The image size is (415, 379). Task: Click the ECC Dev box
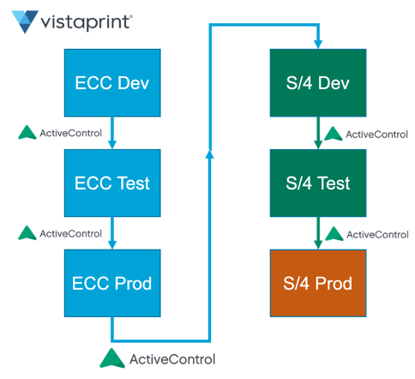pyautogui.click(x=112, y=83)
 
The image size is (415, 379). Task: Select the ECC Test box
pyautogui.click(x=112, y=183)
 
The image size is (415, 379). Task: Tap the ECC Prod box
pyautogui.click(x=112, y=283)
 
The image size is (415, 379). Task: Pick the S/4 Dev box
pyautogui.click(x=318, y=83)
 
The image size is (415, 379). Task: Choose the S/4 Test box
pyautogui.click(x=318, y=183)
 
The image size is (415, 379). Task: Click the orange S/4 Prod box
pyautogui.click(x=318, y=283)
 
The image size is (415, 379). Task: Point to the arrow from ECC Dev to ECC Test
pyautogui.click(x=112, y=133)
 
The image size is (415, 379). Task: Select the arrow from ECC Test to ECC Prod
pyautogui.click(x=112, y=233)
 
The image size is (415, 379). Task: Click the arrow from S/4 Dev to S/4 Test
pyautogui.click(x=318, y=133)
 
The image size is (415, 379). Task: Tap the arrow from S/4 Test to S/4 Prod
pyautogui.click(x=318, y=233)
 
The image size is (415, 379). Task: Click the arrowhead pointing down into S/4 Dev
pyautogui.click(x=318, y=45)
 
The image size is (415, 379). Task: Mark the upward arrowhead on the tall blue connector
pyautogui.click(x=210, y=154)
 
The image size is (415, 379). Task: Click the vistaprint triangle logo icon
pyautogui.click(x=25, y=21)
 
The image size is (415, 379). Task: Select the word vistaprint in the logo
pyautogui.click(x=87, y=22)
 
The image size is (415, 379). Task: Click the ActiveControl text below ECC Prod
pyautogui.click(x=172, y=359)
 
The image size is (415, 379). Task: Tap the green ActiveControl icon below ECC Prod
pyautogui.click(x=112, y=358)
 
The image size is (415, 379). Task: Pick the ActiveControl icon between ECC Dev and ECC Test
pyautogui.click(x=27, y=132)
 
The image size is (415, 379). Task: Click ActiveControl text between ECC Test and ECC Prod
pyautogui.click(x=70, y=233)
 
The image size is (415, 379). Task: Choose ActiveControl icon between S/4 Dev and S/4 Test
pyautogui.click(x=334, y=134)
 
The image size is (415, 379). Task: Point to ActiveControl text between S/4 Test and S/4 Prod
pyautogui.click(x=377, y=235)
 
